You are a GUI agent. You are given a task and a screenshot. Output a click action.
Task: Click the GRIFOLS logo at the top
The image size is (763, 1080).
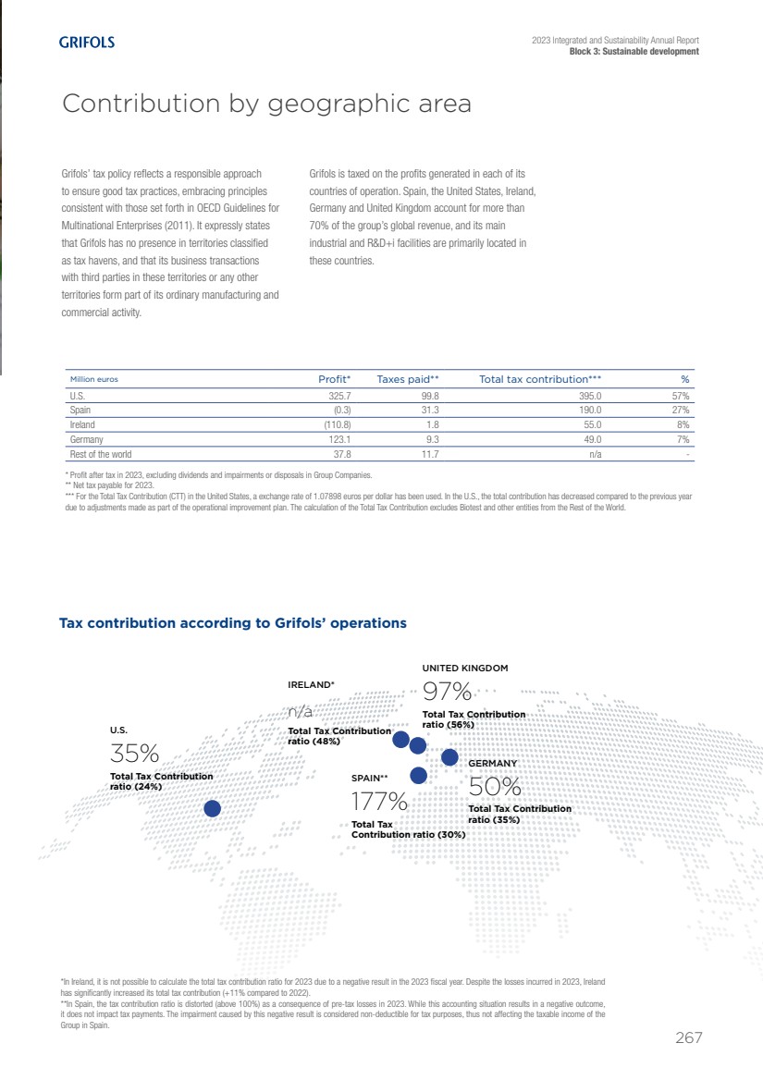(87, 43)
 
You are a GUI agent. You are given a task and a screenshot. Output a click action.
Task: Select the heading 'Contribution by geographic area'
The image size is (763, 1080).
(266, 104)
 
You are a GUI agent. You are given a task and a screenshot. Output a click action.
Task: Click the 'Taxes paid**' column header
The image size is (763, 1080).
(407, 379)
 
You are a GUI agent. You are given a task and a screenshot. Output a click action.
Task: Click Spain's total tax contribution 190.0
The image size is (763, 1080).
(589, 410)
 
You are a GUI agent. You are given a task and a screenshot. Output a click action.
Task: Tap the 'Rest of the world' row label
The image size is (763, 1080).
(101, 454)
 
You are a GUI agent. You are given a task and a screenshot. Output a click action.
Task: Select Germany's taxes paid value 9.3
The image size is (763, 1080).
(430, 439)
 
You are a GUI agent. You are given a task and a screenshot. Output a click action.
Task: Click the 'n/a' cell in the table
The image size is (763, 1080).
(595, 454)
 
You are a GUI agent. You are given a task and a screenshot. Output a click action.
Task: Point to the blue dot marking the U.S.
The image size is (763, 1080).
(212, 808)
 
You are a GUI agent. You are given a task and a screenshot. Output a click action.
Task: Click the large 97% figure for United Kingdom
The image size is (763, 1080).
(448, 692)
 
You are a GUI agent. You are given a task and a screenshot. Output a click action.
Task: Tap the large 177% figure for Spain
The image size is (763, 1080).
(379, 800)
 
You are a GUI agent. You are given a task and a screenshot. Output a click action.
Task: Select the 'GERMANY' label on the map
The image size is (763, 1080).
(492, 764)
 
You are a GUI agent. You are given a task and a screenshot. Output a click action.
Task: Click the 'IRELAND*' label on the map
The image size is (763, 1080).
(312, 685)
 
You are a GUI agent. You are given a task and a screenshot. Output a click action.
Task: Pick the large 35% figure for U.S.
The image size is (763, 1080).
(135, 754)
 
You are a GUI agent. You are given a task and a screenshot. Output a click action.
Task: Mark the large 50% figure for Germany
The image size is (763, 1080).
(496, 787)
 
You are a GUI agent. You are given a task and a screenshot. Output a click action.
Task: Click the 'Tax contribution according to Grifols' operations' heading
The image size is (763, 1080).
(233, 623)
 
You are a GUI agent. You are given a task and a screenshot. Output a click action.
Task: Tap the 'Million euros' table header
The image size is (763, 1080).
(94, 379)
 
